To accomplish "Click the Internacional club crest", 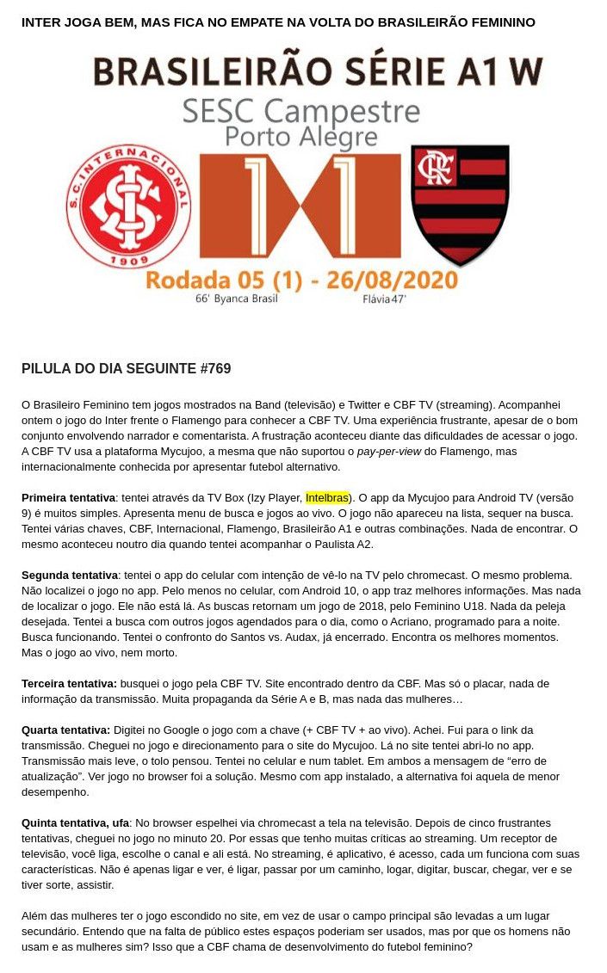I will point(128,207).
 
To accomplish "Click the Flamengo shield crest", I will point(460,204).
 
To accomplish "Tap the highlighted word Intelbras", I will point(327,497).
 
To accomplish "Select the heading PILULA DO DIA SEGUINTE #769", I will point(126,369).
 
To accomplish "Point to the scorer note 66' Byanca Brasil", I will point(236,299).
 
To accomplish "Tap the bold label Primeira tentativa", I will point(68,497).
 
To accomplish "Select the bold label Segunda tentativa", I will point(69,575).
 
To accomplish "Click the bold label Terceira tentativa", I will point(68,683).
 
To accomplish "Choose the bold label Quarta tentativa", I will point(65,730).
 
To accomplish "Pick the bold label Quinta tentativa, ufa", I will point(75,822).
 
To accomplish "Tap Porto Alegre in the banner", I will point(301,137).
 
